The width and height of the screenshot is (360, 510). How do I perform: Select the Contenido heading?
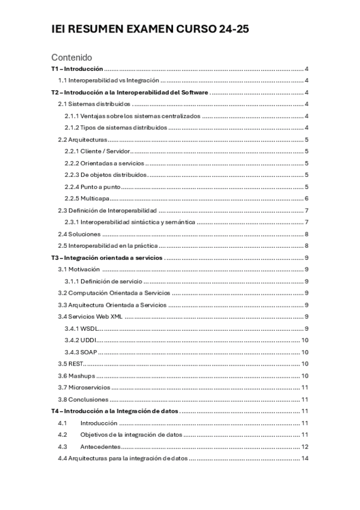[x=72, y=58]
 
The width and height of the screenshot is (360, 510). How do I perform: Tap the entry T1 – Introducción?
[x=78, y=70]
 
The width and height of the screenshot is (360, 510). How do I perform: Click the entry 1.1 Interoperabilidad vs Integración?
[x=109, y=81]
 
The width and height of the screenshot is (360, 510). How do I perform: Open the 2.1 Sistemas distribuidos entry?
[x=94, y=104]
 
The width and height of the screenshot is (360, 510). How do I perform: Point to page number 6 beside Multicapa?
[x=307, y=198]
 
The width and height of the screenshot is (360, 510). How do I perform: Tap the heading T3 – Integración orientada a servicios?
[x=108, y=257]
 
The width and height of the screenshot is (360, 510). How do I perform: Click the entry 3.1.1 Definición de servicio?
[x=103, y=281]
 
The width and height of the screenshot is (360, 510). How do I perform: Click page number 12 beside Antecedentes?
[x=305, y=447]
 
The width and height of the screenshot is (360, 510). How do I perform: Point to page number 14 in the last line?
[x=305, y=459]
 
